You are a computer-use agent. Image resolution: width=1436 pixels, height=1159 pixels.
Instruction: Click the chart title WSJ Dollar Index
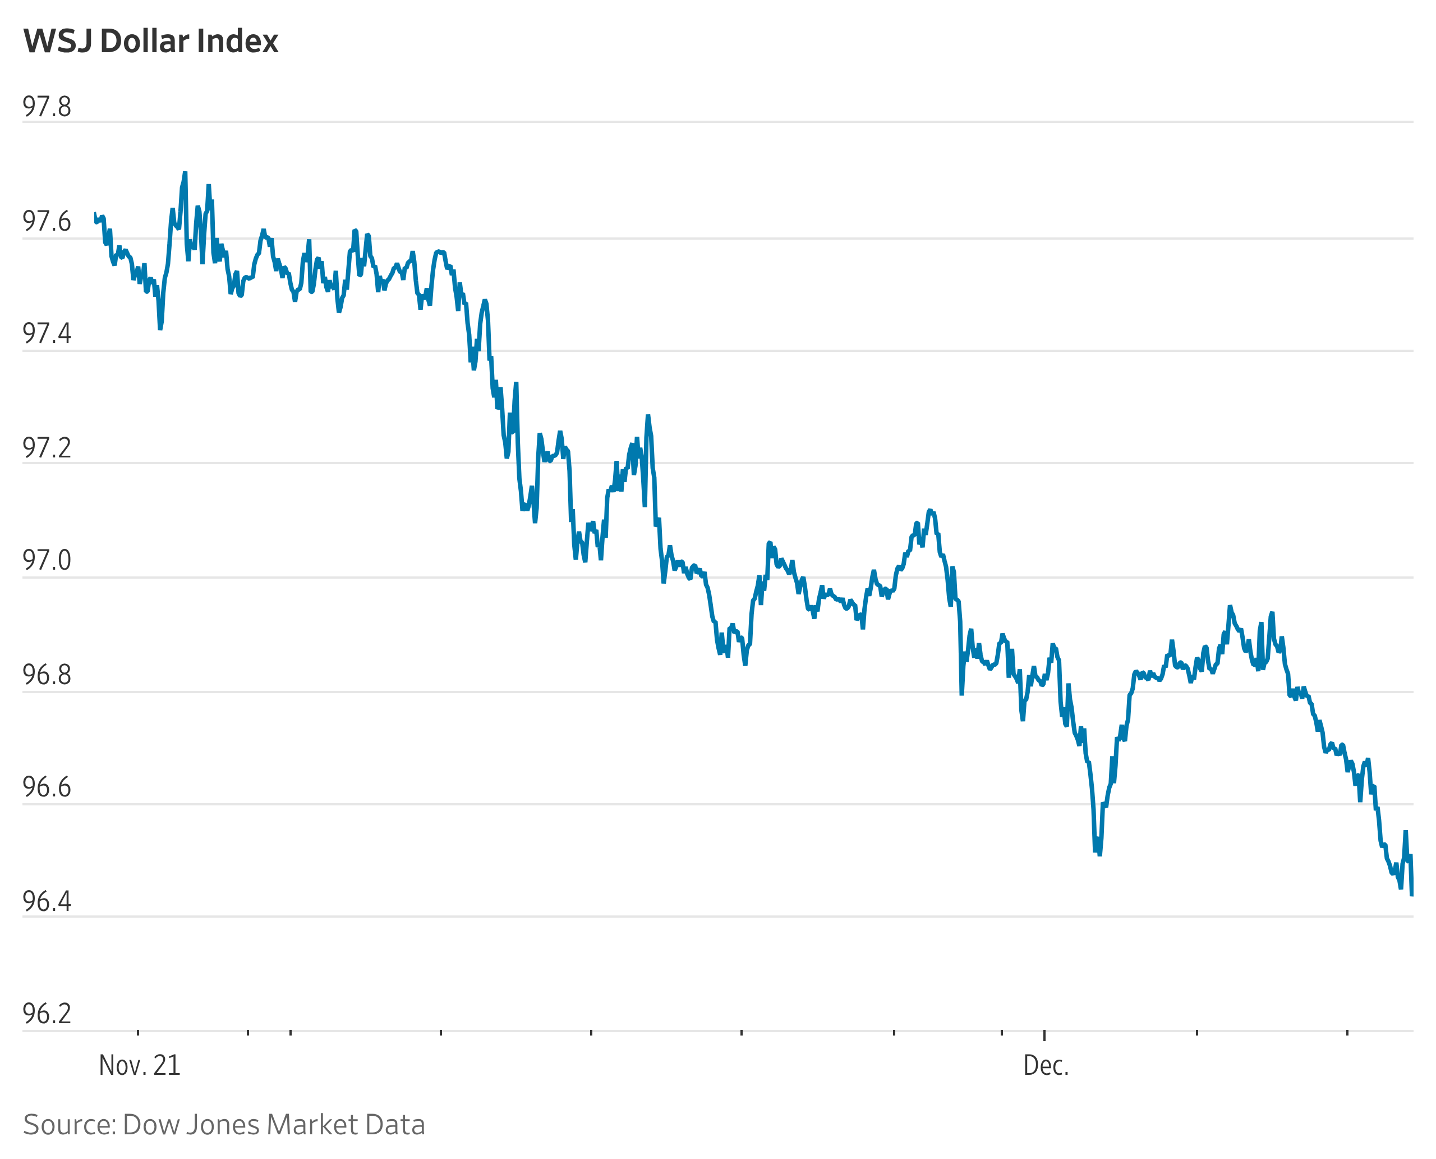pyautogui.click(x=151, y=42)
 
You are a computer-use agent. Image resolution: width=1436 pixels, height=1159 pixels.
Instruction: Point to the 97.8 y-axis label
pyautogui.click(x=47, y=107)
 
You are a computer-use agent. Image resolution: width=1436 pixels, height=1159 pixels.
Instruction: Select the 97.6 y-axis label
pyautogui.click(x=47, y=222)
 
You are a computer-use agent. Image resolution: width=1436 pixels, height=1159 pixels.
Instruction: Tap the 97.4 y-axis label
pyautogui.click(x=47, y=334)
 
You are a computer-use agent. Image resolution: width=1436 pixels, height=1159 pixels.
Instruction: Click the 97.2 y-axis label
pyautogui.click(x=47, y=448)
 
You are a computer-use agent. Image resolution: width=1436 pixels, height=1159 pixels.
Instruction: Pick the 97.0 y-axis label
pyautogui.click(x=47, y=561)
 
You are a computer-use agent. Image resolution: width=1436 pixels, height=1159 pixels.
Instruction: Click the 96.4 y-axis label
pyautogui.click(x=47, y=901)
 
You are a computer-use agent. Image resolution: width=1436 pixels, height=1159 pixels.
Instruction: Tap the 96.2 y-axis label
pyautogui.click(x=47, y=1014)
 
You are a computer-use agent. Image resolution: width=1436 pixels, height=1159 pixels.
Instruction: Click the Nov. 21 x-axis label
pyautogui.click(x=140, y=1065)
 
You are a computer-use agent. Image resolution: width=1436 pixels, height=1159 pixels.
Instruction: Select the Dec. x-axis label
pyautogui.click(x=1046, y=1065)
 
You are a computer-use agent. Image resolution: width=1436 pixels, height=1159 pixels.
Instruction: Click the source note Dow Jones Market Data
pyautogui.click(x=224, y=1125)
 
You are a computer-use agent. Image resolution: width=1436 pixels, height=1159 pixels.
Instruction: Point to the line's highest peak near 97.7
pyautogui.click(x=185, y=173)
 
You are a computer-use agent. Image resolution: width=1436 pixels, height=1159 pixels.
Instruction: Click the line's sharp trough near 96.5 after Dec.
pyautogui.click(x=1098, y=853)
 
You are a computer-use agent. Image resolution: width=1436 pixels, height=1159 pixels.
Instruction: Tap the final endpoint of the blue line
pyautogui.click(x=1411, y=895)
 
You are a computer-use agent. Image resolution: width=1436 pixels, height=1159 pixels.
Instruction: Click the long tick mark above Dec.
pyautogui.click(x=1044, y=1035)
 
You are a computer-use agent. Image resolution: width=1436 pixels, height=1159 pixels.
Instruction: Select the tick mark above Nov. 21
pyautogui.click(x=138, y=1033)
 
